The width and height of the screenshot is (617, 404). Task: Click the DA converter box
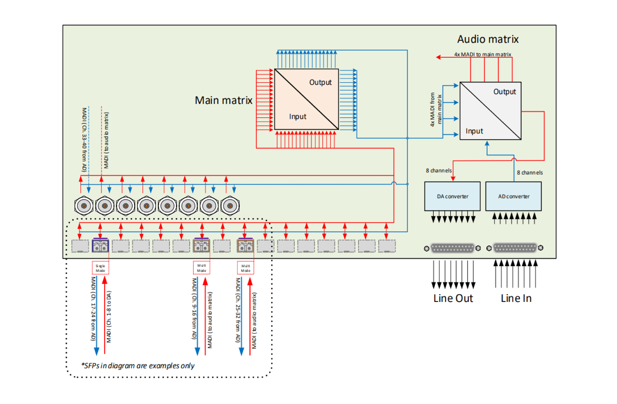click(x=452, y=196)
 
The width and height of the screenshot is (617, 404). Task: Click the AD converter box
click(x=513, y=196)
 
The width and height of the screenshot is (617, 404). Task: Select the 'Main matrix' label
click(x=223, y=100)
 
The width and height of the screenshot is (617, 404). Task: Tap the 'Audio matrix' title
click(x=488, y=40)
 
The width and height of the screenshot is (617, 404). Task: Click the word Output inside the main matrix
click(x=320, y=83)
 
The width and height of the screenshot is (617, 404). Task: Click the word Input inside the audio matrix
click(x=474, y=131)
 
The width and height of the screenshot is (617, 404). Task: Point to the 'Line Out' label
click(x=453, y=298)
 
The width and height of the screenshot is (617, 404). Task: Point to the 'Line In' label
click(x=516, y=298)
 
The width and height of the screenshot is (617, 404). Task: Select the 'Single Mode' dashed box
click(x=100, y=268)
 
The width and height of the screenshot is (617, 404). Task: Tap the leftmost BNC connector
click(x=84, y=206)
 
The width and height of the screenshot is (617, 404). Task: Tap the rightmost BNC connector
click(x=230, y=206)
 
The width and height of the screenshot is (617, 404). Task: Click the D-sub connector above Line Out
click(x=452, y=248)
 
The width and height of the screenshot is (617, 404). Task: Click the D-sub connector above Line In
click(x=515, y=248)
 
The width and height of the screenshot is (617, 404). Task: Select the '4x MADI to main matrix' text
click(x=482, y=54)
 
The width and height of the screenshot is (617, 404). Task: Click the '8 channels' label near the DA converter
click(x=438, y=171)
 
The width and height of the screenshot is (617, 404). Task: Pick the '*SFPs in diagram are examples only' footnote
click(x=138, y=366)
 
